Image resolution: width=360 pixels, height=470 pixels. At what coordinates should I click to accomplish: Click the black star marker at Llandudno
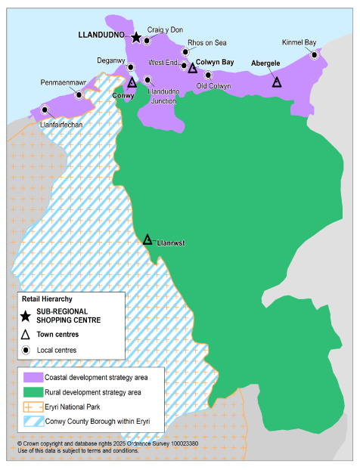(x=136, y=37)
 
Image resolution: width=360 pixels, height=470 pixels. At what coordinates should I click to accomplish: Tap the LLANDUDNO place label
(x=103, y=35)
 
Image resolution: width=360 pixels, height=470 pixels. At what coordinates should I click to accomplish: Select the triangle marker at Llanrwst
(x=148, y=240)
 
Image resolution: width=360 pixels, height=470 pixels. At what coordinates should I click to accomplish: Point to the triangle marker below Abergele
(x=277, y=82)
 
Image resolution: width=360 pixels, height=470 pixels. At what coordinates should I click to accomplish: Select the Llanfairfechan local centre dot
(x=45, y=110)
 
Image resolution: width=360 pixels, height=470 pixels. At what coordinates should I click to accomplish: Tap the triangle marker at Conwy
(x=132, y=82)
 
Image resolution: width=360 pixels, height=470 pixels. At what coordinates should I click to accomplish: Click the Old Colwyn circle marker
(x=208, y=75)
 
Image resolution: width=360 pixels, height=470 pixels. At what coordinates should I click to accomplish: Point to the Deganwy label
(x=110, y=60)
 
